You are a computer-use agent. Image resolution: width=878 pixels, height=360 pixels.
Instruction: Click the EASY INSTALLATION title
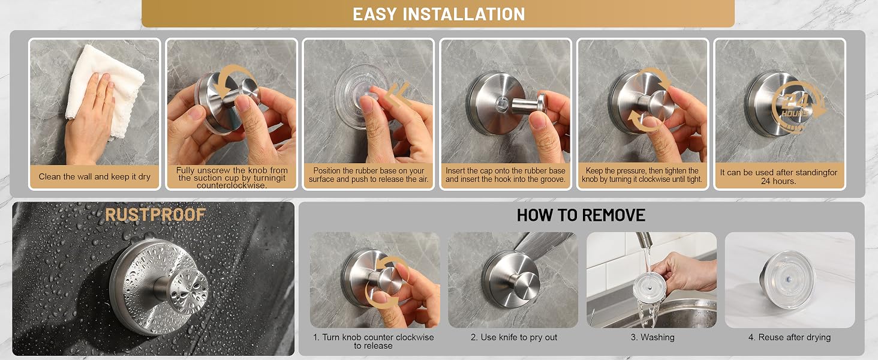coord(438,14)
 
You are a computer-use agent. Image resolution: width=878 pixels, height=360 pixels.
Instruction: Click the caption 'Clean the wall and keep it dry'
coord(95,176)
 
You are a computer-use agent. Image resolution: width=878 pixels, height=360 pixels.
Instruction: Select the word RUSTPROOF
coord(155,215)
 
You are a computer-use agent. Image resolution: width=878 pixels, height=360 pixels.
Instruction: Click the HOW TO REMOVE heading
coord(581,215)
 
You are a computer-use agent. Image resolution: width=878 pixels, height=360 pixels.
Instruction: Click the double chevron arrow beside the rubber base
coord(396,95)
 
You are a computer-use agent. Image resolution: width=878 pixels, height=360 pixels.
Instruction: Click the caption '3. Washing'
coord(653,337)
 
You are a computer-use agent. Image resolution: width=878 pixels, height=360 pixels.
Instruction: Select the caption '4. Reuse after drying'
coord(789,337)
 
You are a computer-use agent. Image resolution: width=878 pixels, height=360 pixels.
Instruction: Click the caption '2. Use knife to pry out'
coord(513,337)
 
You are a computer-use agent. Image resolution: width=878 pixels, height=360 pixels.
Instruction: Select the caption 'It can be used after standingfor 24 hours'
coord(778,176)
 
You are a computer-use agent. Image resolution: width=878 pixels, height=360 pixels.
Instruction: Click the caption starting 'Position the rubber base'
coord(368,175)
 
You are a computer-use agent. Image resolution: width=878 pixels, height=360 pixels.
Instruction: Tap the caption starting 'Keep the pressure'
coord(642,175)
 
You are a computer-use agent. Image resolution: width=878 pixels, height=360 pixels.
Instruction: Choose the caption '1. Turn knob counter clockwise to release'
coord(373,341)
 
